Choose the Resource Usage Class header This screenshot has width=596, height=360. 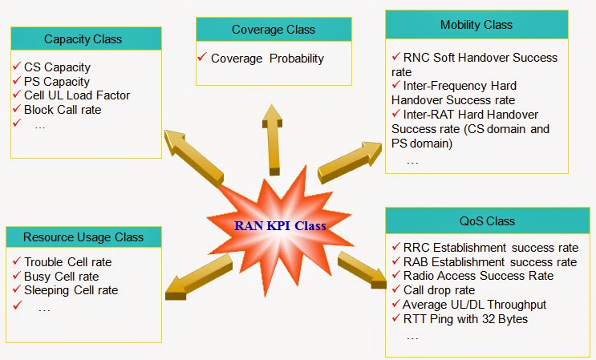point(83,237)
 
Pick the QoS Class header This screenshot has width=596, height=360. point(487,220)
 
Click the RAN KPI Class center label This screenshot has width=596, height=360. point(280,225)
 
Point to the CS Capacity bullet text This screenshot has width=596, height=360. point(57,67)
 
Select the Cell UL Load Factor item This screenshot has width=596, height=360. point(76,95)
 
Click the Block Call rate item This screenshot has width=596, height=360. point(63,109)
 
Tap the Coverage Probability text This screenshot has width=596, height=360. point(267,59)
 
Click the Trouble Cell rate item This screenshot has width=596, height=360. point(67,261)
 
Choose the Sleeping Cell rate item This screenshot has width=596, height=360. point(71,289)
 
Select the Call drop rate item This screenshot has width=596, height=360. point(439,290)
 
